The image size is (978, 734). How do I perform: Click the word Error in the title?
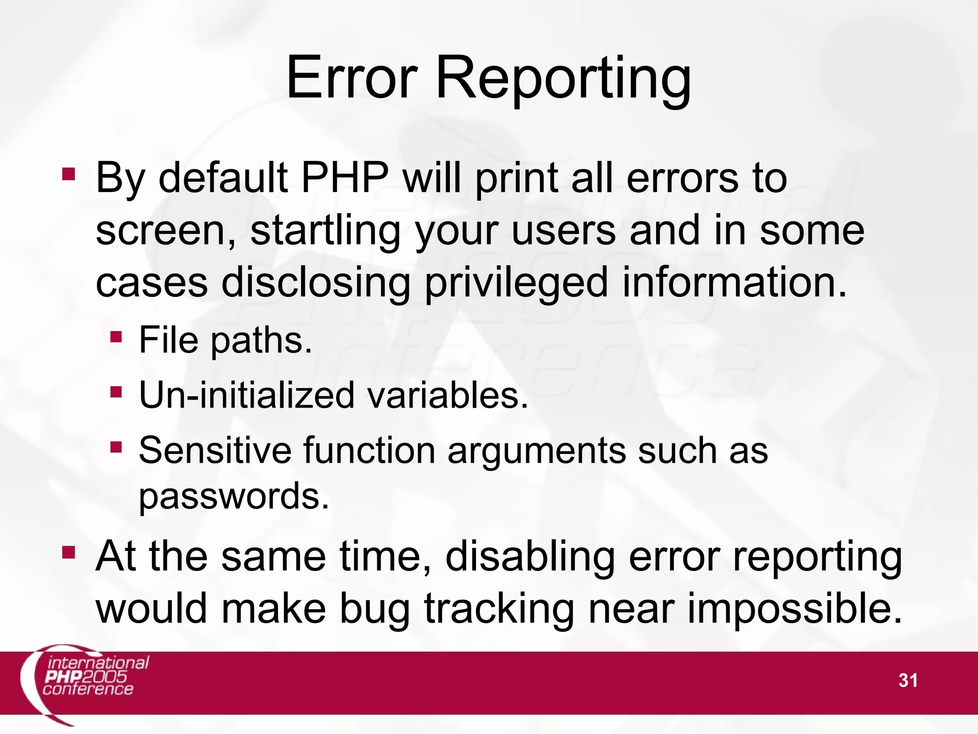click(x=351, y=78)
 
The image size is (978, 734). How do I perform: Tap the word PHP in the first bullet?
click(x=344, y=178)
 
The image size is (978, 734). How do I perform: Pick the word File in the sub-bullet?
click(x=169, y=340)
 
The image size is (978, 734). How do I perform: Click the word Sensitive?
click(x=215, y=450)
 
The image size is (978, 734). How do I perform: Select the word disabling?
click(x=530, y=557)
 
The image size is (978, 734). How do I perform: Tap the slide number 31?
click(x=908, y=680)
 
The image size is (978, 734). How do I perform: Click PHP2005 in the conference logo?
click(x=86, y=677)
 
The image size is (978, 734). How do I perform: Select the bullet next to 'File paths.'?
click(x=116, y=337)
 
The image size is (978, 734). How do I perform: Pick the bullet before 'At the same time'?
click(x=68, y=553)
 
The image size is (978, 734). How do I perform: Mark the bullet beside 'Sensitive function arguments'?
click(x=116, y=447)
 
